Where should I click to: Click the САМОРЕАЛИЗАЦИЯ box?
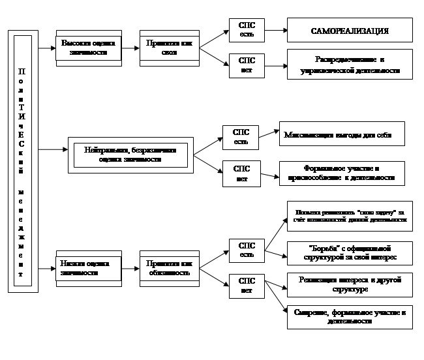(x=350, y=30)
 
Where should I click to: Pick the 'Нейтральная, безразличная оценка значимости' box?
(x=130, y=154)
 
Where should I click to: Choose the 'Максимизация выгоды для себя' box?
(x=341, y=135)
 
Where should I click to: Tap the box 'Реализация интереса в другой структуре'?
(x=350, y=284)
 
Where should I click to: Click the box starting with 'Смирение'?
(x=350, y=317)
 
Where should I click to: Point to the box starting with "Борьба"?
(x=350, y=252)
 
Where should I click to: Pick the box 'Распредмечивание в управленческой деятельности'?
(x=350, y=64)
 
